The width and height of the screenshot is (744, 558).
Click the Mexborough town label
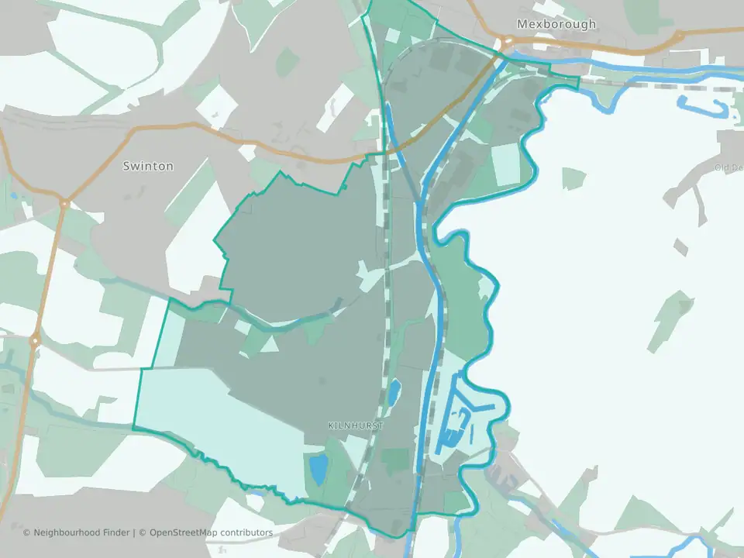click(x=556, y=24)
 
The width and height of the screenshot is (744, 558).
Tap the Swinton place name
click(x=148, y=166)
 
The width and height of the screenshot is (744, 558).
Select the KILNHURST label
click(x=356, y=425)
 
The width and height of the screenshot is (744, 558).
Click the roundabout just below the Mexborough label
click(x=508, y=43)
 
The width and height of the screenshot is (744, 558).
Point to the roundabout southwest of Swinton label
click(x=65, y=204)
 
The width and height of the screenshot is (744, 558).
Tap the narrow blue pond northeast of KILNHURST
click(x=393, y=393)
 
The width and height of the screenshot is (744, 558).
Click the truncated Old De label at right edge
click(x=729, y=167)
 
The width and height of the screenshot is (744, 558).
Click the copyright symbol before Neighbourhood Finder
click(x=27, y=532)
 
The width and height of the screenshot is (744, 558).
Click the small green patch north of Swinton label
click(x=288, y=61)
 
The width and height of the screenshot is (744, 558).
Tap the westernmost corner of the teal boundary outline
click(x=133, y=428)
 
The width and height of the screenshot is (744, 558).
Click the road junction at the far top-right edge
click(x=680, y=36)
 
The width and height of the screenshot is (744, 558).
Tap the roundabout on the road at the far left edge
click(x=34, y=340)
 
